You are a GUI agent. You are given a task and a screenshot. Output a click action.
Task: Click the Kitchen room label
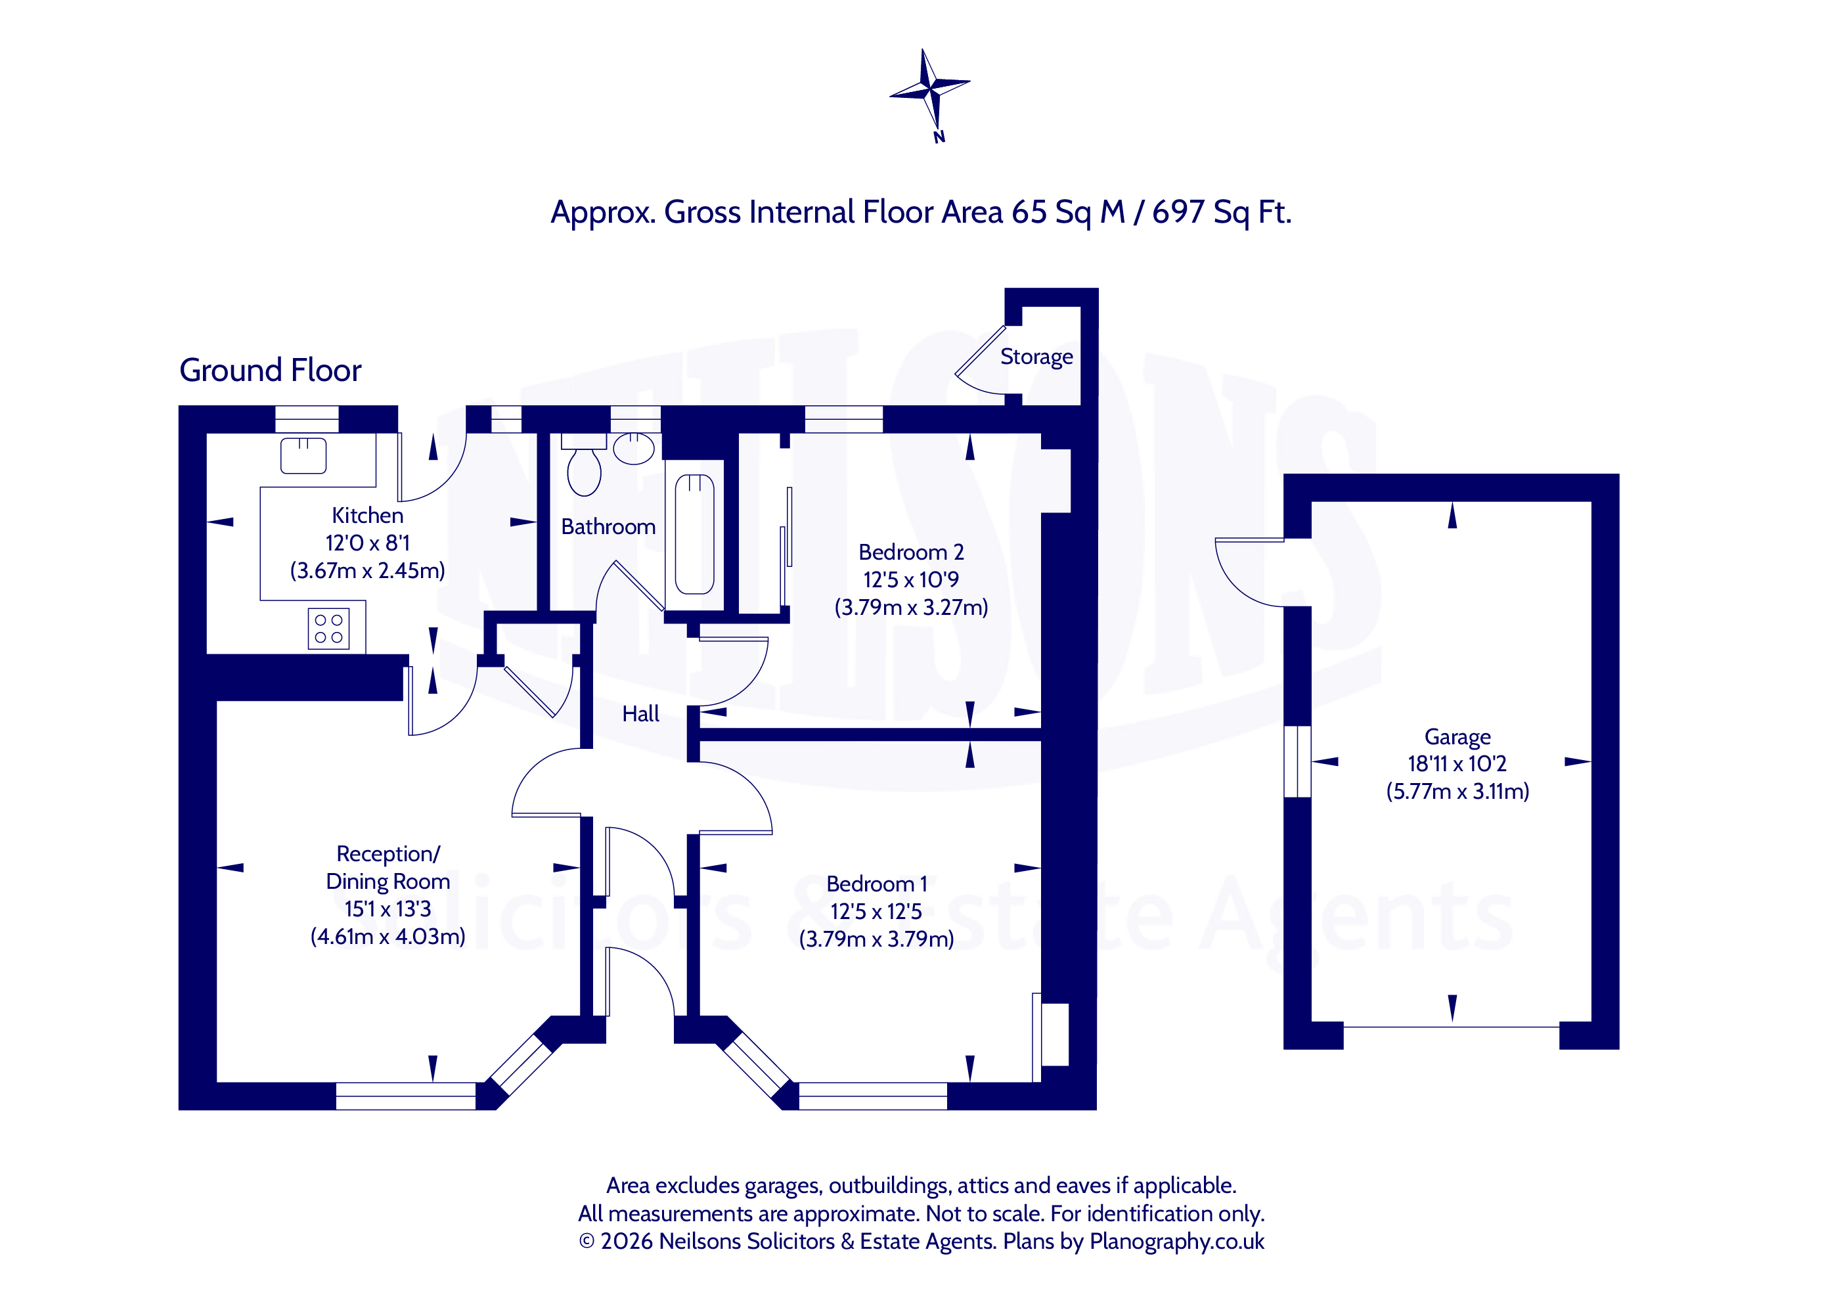(x=368, y=516)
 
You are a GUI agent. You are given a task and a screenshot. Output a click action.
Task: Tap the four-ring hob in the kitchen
(x=328, y=629)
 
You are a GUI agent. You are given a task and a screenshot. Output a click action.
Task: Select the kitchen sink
(x=303, y=455)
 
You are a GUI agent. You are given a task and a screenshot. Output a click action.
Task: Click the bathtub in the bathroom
(x=694, y=534)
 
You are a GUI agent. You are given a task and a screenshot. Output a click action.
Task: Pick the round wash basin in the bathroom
(x=633, y=448)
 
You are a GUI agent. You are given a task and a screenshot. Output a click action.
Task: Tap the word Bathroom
(x=608, y=527)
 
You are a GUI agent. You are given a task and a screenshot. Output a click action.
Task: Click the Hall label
(x=640, y=714)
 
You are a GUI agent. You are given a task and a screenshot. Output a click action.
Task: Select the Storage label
(x=1036, y=357)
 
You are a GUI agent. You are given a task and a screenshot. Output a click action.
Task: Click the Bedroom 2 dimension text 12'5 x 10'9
(x=911, y=579)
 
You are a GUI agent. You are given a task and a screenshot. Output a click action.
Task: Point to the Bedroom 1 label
(x=877, y=884)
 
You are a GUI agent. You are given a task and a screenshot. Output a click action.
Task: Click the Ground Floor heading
(x=271, y=370)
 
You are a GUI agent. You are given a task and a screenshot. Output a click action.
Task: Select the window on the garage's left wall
(x=1298, y=761)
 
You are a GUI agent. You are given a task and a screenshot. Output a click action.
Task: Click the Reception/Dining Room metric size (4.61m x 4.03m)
(x=388, y=937)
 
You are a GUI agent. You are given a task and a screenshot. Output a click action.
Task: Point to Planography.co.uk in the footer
(x=1177, y=1242)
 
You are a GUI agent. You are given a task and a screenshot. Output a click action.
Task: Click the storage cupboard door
(x=980, y=350)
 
